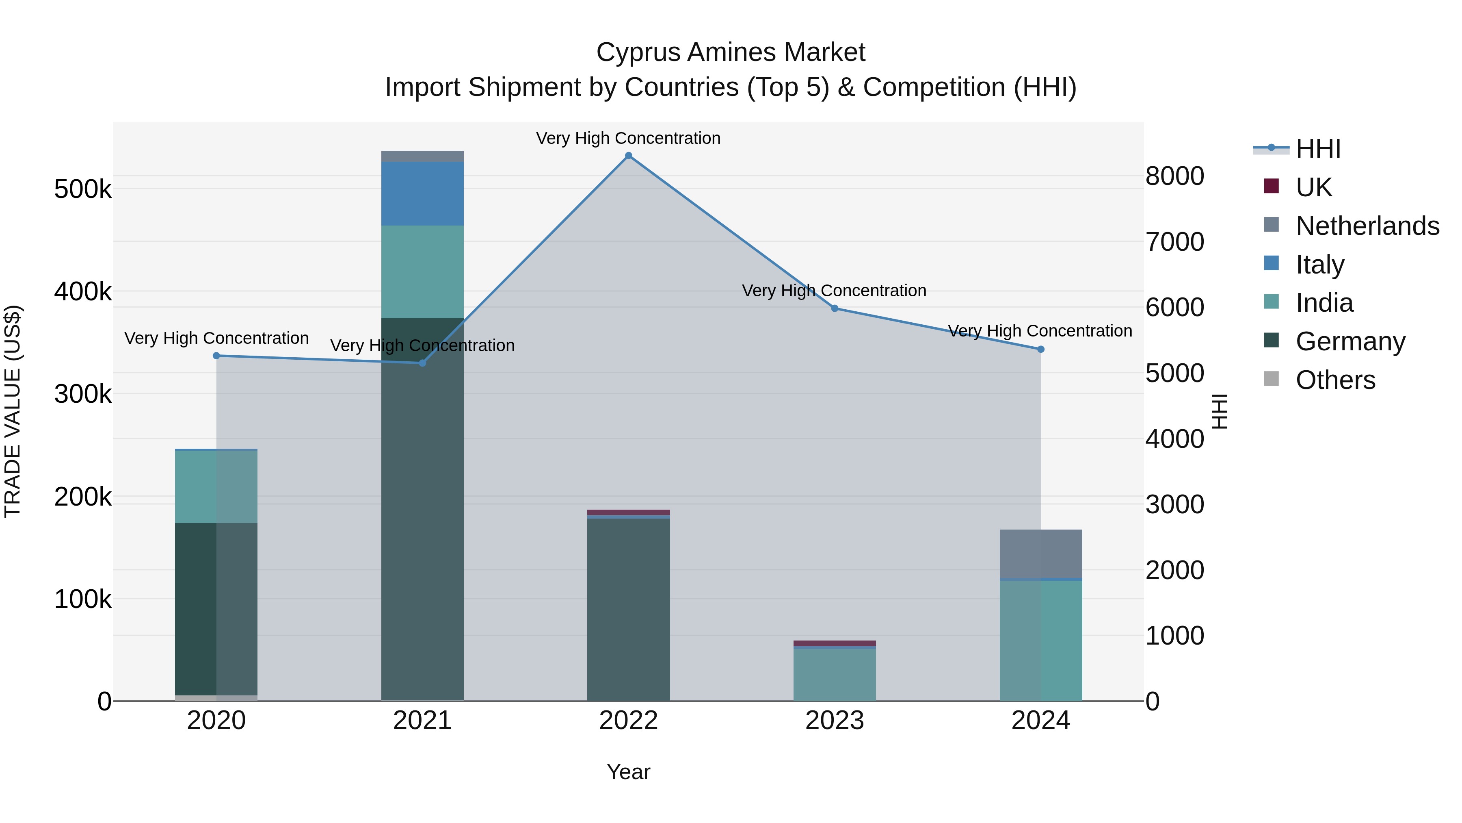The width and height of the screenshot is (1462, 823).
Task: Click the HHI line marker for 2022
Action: pyautogui.click(x=628, y=156)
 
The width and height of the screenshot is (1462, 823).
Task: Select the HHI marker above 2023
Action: pyautogui.click(x=834, y=308)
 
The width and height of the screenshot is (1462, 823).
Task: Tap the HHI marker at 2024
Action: pyautogui.click(x=1040, y=349)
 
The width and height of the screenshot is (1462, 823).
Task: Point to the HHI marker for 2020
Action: pyautogui.click(x=216, y=356)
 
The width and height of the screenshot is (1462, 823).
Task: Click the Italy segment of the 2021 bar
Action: pyautogui.click(x=422, y=194)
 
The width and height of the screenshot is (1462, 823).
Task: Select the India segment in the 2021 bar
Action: pyautogui.click(x=422, y=271)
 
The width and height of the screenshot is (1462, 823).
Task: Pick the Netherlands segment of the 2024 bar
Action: pyautogui.click(x=1040, y=554)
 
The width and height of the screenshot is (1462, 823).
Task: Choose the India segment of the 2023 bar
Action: pyautogui.click(x=834, y=675)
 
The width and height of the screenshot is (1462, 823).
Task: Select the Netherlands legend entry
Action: pyautogui.click(x=1367, y=226)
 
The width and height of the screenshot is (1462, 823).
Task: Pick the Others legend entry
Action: pyautogui.click(x=1335, y=380)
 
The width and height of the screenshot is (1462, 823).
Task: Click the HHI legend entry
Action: pyautogui.click(x=1318, y=149)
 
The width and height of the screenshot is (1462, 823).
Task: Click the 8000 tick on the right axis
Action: pyautogui.click(x=1174, y=176)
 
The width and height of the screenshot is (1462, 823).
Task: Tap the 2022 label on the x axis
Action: pyautogui.click(x=628, y=721)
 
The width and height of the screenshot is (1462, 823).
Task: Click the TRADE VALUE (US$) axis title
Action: pyautogui.click(x=13, y=411)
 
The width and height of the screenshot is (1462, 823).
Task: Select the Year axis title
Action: pyautogui.click(x=628, y=772)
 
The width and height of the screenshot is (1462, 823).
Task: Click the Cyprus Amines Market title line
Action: pyautogui.click(x=731, y=52)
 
